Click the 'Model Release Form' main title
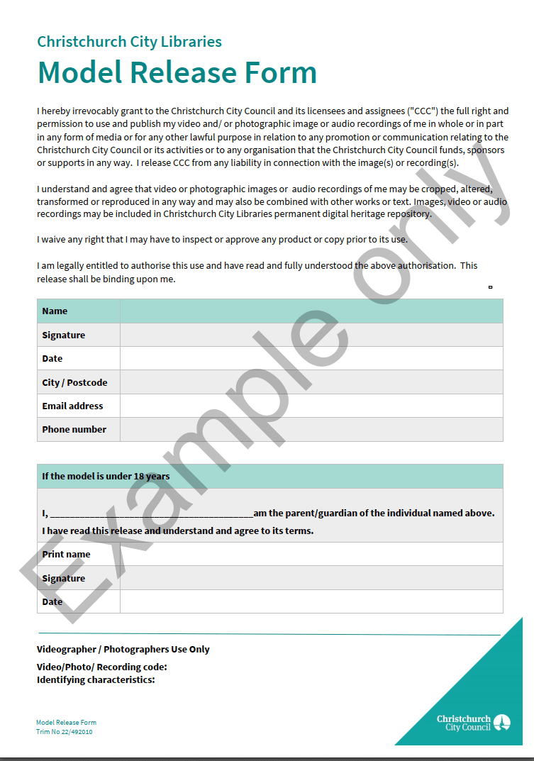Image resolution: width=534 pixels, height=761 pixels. pyautogui.click(x=177, y=72)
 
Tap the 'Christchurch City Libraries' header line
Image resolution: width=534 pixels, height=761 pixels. pyautogui.click(x=129, y=41)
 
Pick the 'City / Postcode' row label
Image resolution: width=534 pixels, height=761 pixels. pyautogui.click(x=74, y=382)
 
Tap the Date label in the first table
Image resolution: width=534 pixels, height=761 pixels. pyautogui.click(x=52, y=358)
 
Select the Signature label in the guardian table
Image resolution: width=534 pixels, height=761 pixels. pyautogui.click(x=63, y=578)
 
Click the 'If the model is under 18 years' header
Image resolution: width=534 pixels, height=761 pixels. pyautogui.click(x=106, y=476)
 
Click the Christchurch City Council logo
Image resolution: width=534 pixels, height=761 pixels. pyautogui.click(x=473, y=723)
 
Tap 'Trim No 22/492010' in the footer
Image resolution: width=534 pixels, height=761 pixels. pyautogui.click(x=65, y=731)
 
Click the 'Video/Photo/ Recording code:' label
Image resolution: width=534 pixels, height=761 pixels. pyautogui.click(x=101, y=667)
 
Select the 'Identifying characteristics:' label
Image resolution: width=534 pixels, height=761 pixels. pyautogui.click(x=96, y=679)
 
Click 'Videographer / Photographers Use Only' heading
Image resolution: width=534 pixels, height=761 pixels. pyautogui.click(x=123, y=649)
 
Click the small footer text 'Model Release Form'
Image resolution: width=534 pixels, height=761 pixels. pyautogui.click(x=66, y=723)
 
